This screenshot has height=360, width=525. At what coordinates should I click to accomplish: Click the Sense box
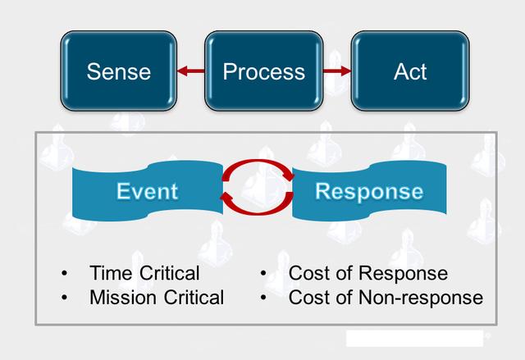118,71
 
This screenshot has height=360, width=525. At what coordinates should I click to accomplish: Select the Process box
263,71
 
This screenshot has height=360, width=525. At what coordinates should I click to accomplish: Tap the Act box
409,71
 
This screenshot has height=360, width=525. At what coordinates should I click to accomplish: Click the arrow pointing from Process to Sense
190,72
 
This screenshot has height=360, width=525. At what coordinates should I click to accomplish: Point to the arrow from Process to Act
336,72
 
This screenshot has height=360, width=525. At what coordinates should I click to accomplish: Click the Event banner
148,192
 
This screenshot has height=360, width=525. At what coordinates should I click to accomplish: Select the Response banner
369,192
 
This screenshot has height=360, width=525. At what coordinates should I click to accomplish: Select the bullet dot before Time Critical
65,274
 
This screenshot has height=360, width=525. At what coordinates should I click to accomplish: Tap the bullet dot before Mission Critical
65,298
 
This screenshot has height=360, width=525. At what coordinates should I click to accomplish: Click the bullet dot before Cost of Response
264,274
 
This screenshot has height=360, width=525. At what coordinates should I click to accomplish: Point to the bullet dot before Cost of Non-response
264,298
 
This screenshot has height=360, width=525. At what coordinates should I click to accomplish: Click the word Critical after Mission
194,297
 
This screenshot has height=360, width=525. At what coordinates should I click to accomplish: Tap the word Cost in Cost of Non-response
308,297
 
